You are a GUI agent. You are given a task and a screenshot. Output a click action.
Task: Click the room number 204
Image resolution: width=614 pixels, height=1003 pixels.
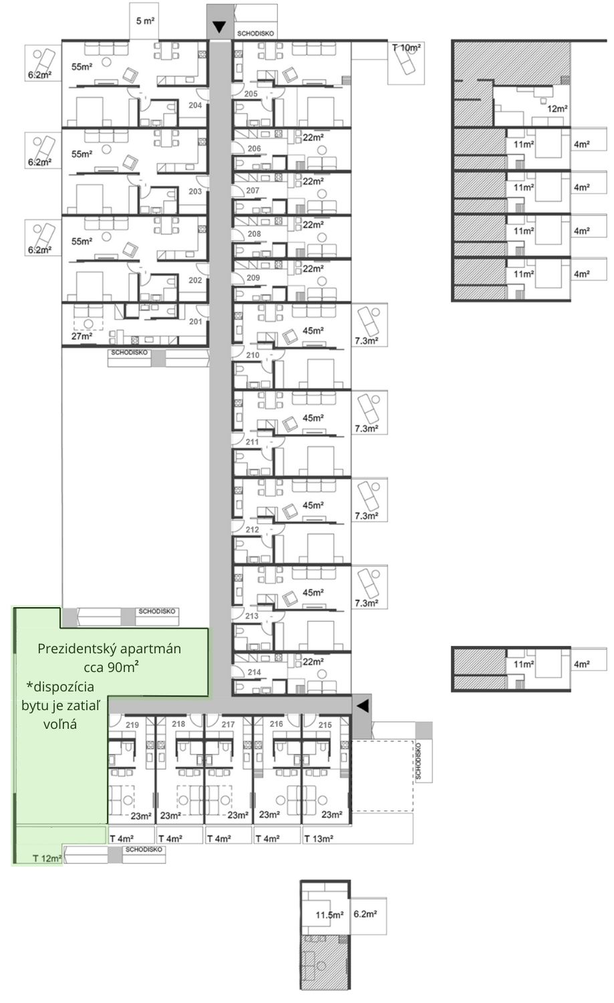pyautogui.click(x=195, y=105)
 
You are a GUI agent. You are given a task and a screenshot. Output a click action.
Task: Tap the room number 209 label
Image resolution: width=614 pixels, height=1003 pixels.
pyautogui.click(x=253, y=277)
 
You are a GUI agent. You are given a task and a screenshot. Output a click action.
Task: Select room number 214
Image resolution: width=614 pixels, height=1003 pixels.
pyautogui.click(x=254, y=672)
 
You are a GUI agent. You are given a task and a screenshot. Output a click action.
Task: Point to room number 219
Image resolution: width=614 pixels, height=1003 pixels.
pyautogui.click(x=132, y=724)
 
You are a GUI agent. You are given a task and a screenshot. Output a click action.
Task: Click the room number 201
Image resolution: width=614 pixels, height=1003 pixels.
pyautogui.click(x=195, y=322)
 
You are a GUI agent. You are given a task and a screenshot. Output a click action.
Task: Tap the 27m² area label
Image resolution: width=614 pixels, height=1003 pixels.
pyautogui.click(x=82, y=336)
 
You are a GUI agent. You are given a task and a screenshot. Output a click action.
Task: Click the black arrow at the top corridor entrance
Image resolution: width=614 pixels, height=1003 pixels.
pyautogui.click(x=219, y=28)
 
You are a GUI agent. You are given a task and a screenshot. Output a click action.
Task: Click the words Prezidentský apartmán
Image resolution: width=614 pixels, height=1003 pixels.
pyautogui.click(x=109, y=649)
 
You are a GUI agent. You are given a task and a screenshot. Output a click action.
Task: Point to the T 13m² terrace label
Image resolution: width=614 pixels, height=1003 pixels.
pyautogui.click(x=319, y=839)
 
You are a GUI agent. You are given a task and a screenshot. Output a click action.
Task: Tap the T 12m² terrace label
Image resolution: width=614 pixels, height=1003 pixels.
pyautogui.click(x=47, y=859)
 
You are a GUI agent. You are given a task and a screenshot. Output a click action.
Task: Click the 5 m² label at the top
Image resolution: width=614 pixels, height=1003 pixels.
pyautogui.click(x=146, y=21)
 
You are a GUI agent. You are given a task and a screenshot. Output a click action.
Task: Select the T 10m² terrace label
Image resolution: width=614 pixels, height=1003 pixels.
pyautogui.click(x=406, y=47)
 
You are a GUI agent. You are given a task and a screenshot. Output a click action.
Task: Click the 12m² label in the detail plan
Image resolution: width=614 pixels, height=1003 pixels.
pyautogui.click(x=558, y=108)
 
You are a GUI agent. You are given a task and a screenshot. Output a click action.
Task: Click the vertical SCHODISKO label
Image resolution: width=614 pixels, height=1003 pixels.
pyautogui.click(x=419, y=761)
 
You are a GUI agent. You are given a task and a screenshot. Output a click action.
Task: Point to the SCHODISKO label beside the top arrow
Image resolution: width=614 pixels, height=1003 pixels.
pyautogui.click(x=255, y=33)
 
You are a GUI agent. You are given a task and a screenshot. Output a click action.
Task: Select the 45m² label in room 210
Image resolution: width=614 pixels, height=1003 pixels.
pyautogui.click(x=313, y=330)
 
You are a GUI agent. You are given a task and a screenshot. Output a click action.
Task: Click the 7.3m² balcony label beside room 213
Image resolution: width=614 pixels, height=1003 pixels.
pyautogui.click(x=367, y=603)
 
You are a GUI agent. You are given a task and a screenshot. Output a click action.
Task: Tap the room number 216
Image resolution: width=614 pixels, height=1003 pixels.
pyautogui.click(x=276, y=724)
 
